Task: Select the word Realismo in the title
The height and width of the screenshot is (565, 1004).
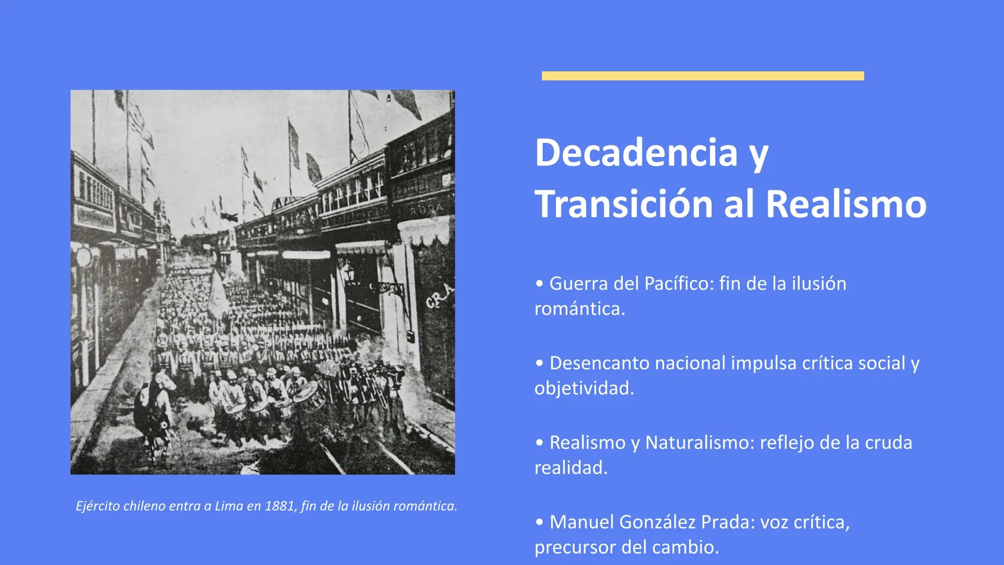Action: click(x=846, y=204)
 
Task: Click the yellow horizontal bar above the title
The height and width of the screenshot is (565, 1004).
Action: click(x=703, y=76)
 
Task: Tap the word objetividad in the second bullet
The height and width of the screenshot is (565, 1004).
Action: click(x=584, y=388)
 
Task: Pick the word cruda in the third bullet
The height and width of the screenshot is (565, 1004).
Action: click(x=888, y=443)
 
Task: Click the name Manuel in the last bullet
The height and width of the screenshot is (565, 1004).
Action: click(x=581, y=522)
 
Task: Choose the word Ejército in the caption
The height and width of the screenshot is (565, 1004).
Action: click(x=97, y=506)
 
